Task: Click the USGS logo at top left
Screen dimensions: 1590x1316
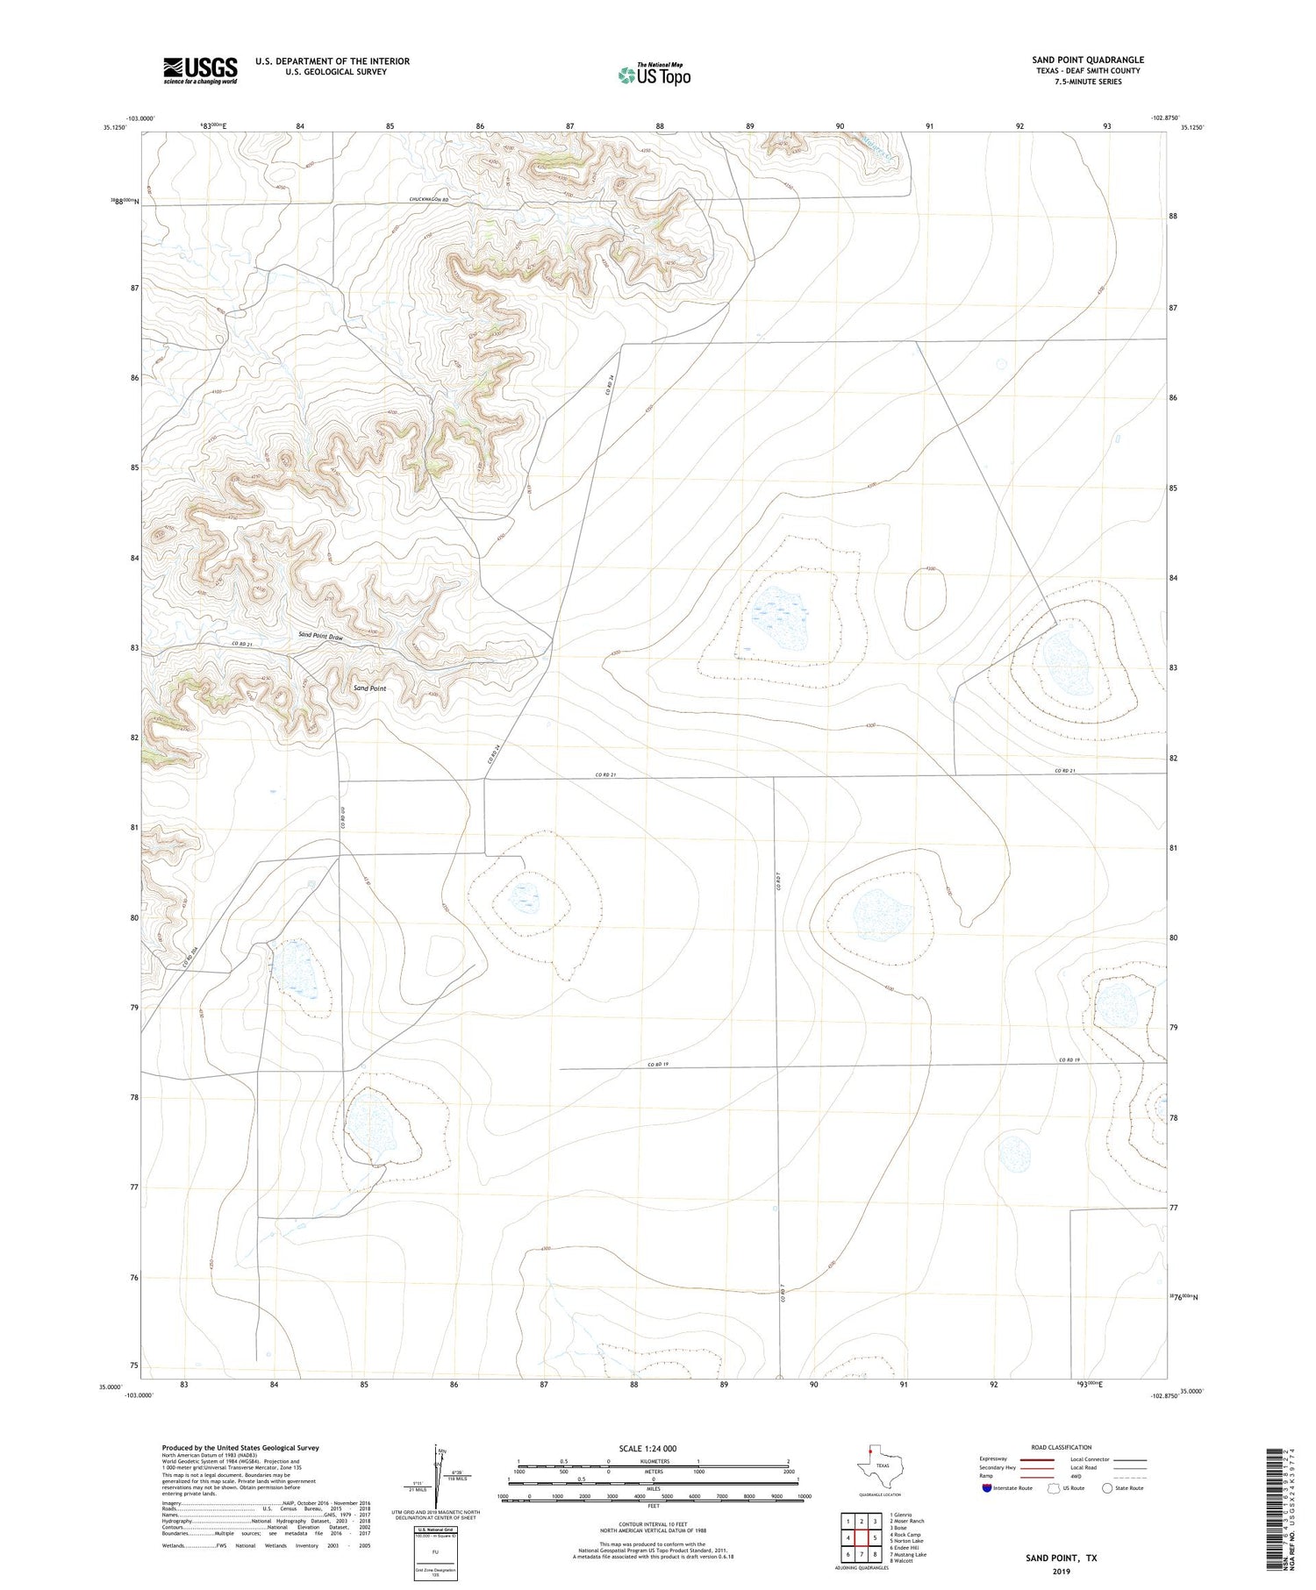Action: [200, 70]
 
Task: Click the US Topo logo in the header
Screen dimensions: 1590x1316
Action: [654, 75]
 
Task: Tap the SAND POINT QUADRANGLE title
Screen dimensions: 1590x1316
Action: [1087, 60]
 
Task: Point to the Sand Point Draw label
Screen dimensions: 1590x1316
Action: [320, 636]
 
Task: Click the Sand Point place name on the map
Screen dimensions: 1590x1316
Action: [369, 688]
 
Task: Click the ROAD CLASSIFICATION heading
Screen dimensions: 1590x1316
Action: [1061, 1447]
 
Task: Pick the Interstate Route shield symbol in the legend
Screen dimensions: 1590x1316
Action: [988, 1488]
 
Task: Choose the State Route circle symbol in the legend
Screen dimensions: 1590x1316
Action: [1107, 1488]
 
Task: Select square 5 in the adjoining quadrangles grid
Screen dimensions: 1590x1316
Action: [875, 1537]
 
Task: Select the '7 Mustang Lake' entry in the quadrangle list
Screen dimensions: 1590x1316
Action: [908, 1554]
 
